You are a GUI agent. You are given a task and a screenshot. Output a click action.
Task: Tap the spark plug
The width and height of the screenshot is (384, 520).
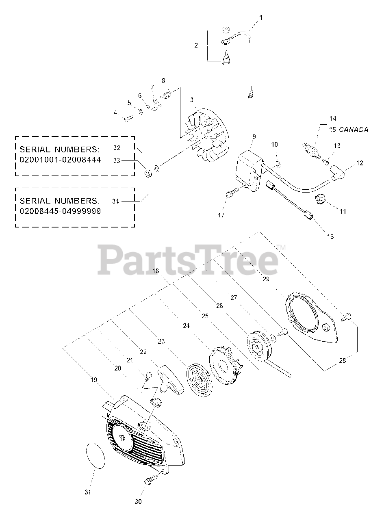coord(310,150)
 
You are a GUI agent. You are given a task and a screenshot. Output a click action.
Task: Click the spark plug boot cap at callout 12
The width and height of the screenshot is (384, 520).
coord(337,173)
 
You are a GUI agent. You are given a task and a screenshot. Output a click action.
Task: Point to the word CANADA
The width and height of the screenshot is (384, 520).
coord(353,130)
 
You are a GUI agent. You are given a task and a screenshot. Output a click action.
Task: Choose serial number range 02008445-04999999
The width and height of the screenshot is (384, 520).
coord(60,211)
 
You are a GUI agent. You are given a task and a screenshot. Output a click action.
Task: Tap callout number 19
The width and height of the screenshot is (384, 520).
coord(93,380)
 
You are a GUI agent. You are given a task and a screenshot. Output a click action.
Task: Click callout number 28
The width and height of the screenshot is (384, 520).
coord(342,360)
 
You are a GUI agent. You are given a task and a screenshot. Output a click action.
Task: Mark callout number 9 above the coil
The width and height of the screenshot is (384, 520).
coord(254,136)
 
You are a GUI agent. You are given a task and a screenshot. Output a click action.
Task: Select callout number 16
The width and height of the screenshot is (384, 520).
coord(330,236)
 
